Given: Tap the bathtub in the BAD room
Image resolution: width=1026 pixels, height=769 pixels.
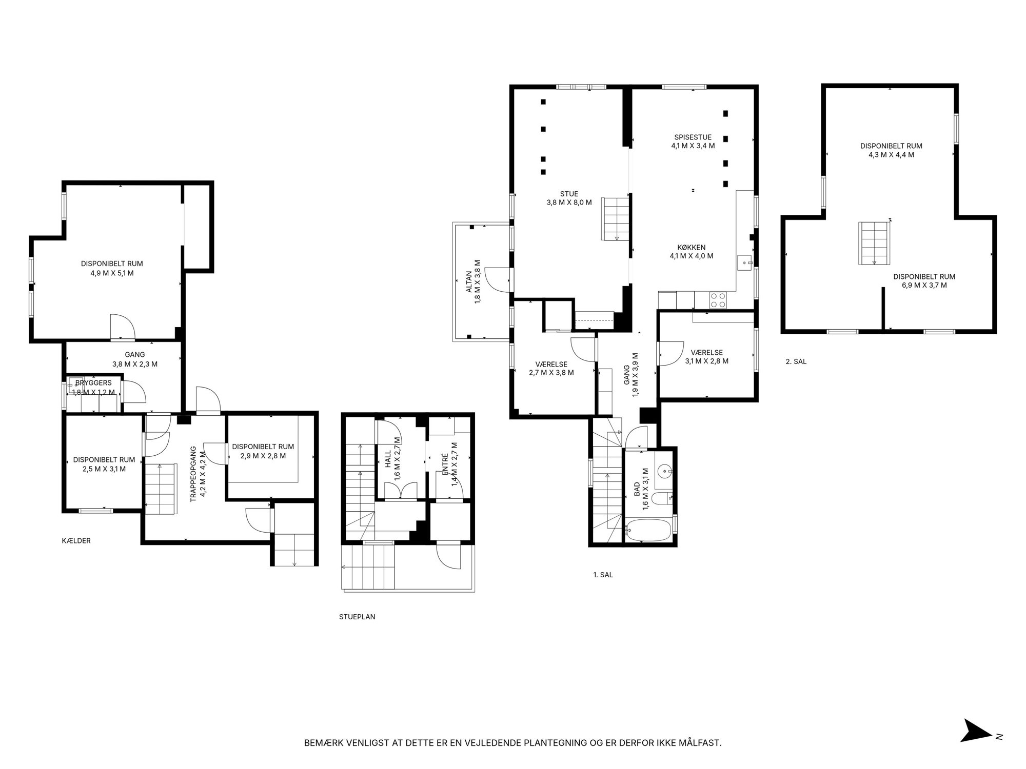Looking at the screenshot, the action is coord(648,530).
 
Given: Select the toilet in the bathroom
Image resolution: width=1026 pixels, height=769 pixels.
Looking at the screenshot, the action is coord(662,497).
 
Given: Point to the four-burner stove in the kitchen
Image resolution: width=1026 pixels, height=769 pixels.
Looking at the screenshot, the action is coord(718,299).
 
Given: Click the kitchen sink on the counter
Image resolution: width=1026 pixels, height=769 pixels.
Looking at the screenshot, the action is coord(745,262).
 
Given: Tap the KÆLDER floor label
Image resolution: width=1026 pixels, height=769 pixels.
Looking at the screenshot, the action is coord(76,540).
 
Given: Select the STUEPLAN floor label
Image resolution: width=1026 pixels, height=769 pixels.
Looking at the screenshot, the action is coord(357,617).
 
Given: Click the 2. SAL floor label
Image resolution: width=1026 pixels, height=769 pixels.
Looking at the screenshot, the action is coord(796,361).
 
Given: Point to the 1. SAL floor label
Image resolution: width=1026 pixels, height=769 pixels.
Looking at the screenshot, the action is coord(603,575).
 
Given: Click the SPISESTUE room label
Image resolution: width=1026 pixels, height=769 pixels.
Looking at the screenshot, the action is coord(693,137).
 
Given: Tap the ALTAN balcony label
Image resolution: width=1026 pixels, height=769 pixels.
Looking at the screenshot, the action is coord(469,281).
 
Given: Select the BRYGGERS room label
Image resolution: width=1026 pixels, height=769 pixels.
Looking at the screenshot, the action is coord(93,383).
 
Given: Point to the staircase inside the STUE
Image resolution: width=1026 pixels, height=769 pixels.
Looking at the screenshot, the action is coord(616,219).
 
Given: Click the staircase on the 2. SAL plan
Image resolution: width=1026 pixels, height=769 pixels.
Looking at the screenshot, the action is coord(874,244).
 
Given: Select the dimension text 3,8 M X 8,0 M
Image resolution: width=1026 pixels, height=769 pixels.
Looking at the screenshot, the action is coord(569,203).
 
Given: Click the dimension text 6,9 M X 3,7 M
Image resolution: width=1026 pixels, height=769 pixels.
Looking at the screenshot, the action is coord(924,285).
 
